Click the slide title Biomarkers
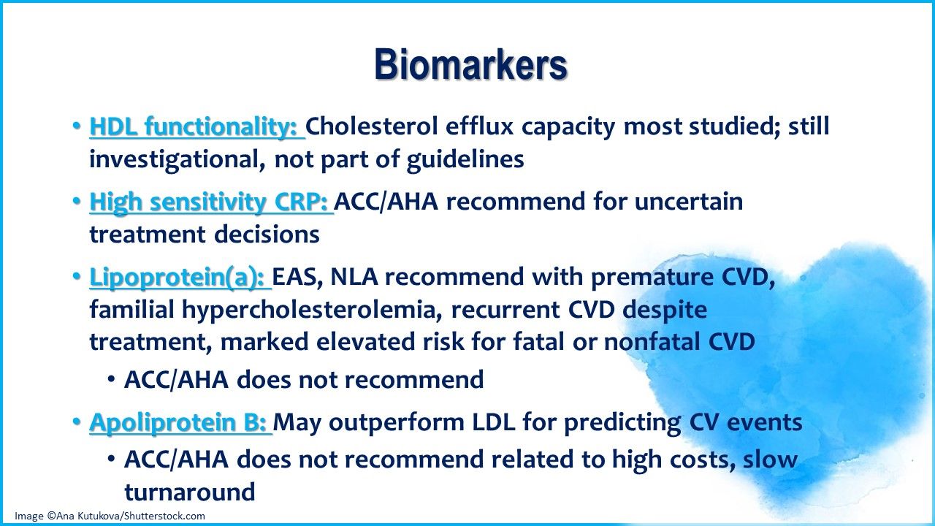pos(470,65)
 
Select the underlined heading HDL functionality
pos(196,127)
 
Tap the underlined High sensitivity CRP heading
pos(210,202)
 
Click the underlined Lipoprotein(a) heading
pos(179,278)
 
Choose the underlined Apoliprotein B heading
pos(179,422)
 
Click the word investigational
pos(175,160)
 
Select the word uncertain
pos(688,202)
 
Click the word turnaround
pos(190,492)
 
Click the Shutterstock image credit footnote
pos(110,516)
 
